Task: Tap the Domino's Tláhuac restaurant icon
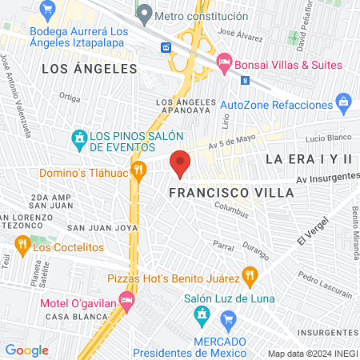[138, 169]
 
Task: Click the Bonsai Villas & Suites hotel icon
[225, 61]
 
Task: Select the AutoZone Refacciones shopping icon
[344, 102]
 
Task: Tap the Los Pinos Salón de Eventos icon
[78, 140]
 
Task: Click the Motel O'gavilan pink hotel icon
[126, 300]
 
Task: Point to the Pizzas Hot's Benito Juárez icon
[250, 275]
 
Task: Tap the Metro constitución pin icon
[144, 14]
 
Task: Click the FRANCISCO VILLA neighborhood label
[213, 193]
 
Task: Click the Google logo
[27, 350]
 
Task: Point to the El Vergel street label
[308, 234]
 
